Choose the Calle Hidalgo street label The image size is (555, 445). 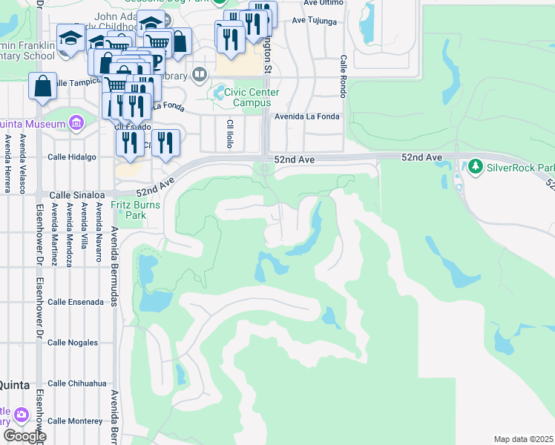tap(72, 157)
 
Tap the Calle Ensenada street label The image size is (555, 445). tap(75, 303)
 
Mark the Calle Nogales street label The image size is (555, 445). tap(73, 343)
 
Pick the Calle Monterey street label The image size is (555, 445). tap(76, 421)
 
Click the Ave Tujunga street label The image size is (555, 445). tap(324, 22)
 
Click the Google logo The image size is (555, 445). tap(24, 436)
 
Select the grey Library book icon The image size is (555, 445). tap(199, 74)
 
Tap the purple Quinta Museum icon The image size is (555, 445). tap(76, 122)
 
